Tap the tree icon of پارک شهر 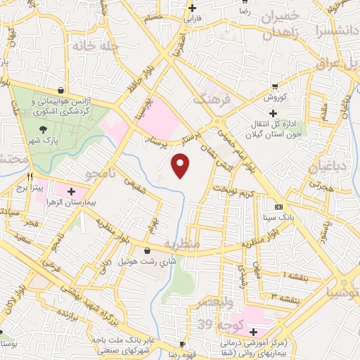coord(44,129)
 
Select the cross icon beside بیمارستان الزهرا coord(71,191)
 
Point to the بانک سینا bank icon coord(278,207)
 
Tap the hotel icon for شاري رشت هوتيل coord(146,250)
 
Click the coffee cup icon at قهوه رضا coord(182,345)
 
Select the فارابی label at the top coord(192,18)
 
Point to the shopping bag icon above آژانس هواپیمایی coord(63,91)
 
